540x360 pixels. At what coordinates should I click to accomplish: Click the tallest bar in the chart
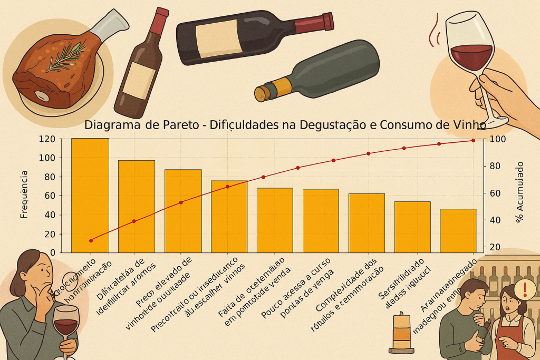pyautogui.click(x=90, y=195)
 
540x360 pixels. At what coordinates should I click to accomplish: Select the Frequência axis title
pyautogui.click(x=24, y=195)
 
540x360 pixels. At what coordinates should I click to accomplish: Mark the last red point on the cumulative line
pyautogui.click(x=473, y=140)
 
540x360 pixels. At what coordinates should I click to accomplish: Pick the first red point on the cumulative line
pyautogui.click(x=91, y=240)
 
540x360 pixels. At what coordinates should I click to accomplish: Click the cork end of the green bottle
pyautogui.click(x=261, y=93)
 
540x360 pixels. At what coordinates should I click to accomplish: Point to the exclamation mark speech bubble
pyautogui.click(x=525, y=288)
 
